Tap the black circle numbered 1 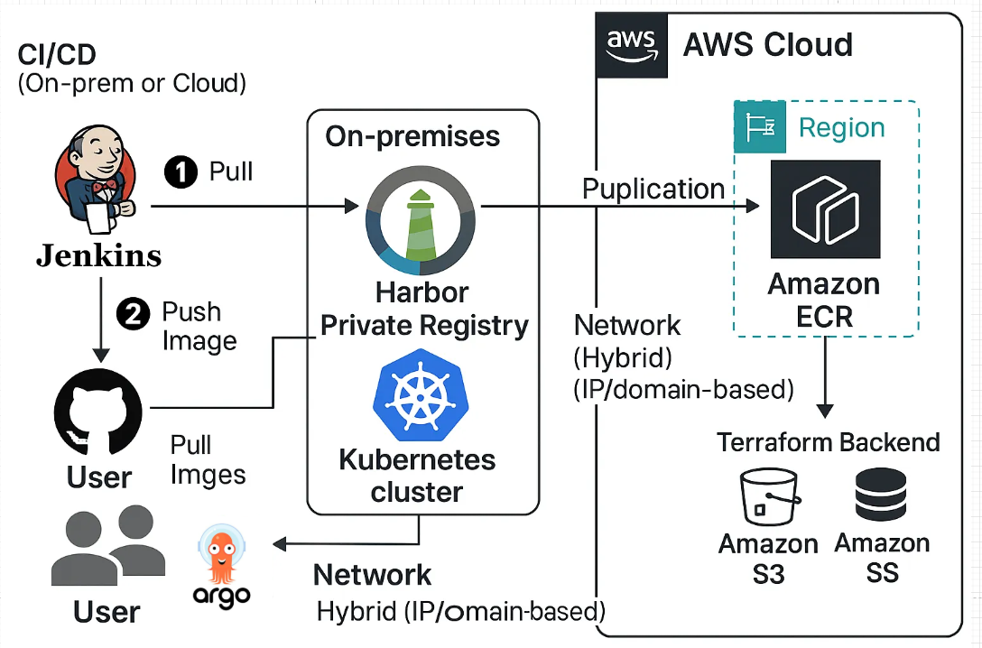(181, 171)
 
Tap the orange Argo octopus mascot (221, 560)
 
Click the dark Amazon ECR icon (825, 209)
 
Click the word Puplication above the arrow (653, 190)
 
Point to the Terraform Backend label (829, 443)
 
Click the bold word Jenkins (98, 255)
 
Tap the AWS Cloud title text (767, 44)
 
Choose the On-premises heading (412, 136)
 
